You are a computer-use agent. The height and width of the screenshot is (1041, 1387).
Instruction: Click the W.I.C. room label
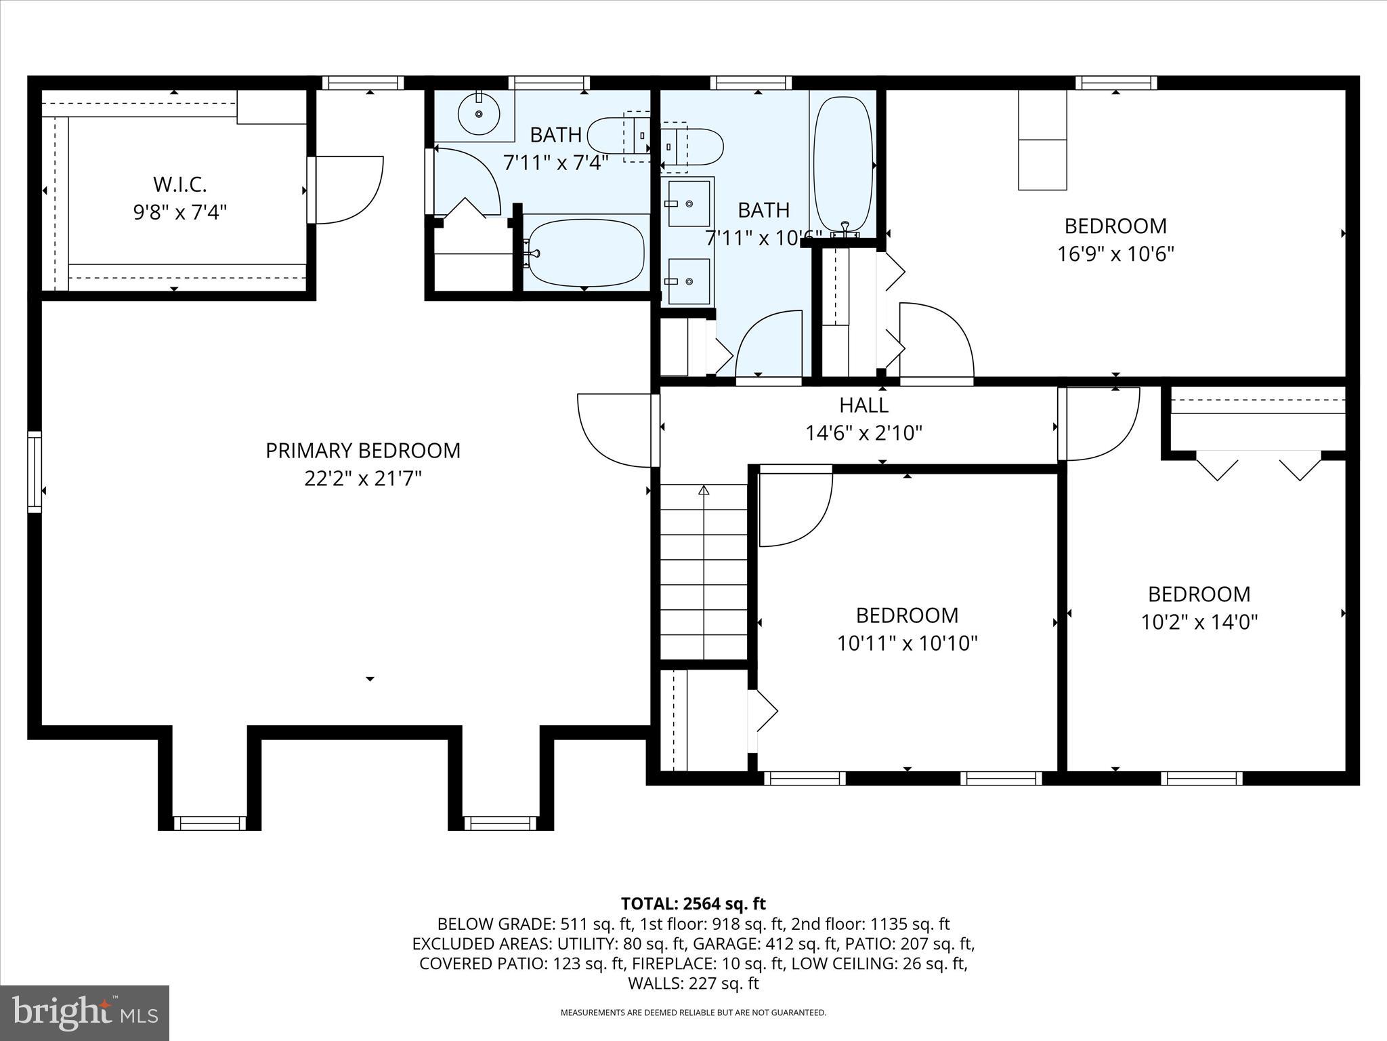pos(179,184)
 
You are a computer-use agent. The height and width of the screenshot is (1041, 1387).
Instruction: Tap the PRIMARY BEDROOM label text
pos(363,451)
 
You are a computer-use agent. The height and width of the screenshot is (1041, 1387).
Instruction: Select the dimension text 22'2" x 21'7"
pos(363,479)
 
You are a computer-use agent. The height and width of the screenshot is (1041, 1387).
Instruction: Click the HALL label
pos(863,405)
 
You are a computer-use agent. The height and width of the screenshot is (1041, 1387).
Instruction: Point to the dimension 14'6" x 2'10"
pos(863,433)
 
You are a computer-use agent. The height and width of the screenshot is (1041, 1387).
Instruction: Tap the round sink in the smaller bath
pos(479,114)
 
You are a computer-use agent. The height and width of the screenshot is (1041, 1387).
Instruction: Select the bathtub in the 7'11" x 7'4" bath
pos(586,253)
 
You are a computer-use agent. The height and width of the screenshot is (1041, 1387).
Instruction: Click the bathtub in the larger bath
pos(843,166)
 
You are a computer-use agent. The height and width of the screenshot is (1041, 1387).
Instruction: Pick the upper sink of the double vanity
pos(689,203)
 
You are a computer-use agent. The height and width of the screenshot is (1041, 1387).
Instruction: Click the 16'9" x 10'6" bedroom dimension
pos(1115,254)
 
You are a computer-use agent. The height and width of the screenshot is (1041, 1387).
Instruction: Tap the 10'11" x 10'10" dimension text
pos(907,643)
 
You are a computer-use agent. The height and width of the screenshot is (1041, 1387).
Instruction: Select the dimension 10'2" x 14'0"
pos(1199,622)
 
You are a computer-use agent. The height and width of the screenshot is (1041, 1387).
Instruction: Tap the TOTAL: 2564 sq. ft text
pos(693,903)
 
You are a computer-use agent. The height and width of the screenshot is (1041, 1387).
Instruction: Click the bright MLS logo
pos(85,1013)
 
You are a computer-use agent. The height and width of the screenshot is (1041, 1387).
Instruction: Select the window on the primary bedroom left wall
pos(34,472)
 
